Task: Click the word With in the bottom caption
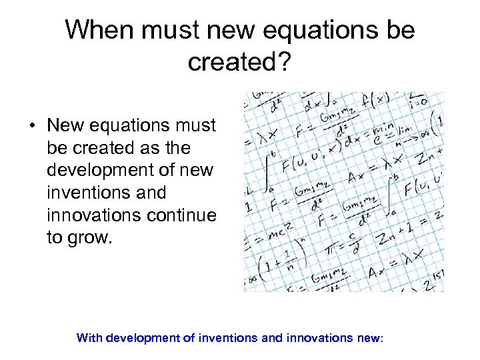89,338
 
